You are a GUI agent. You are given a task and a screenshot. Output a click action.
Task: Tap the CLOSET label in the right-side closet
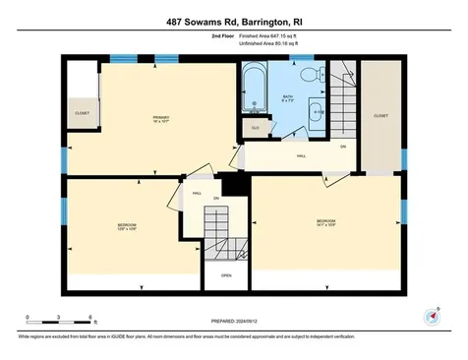[380, 114]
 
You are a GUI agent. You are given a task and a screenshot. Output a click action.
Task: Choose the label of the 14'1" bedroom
[326, 221]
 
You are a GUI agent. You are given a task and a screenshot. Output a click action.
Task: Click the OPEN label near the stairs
[226, 275]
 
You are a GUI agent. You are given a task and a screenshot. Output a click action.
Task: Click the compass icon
[431, 316]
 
